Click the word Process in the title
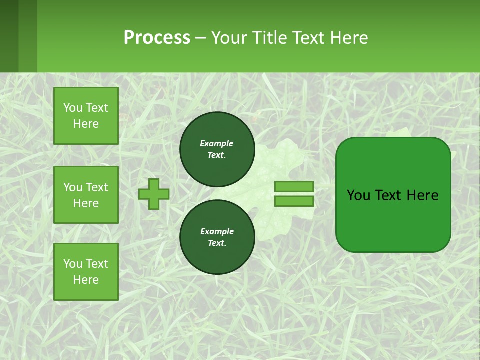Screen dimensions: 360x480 [x=157, y=38]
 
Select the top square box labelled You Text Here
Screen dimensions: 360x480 [x=86, y=116]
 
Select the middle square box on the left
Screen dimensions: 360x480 [x=86, y=195]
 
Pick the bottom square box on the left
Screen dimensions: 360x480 [x=86, y=272]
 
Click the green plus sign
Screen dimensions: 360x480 [x=154, y=194]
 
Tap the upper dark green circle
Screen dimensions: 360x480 [x=217, y=149]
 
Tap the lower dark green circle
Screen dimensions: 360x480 [x=217, y=237]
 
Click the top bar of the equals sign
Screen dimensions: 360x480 [x=294, y=186]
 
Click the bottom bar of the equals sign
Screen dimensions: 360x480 [x=294, y=201]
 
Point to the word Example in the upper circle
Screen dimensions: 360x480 [x=216, y=143]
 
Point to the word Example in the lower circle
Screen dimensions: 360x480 [x=216, y=231]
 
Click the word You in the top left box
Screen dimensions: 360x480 [x=73, y=108]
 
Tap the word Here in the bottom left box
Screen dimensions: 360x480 [x=86, y=280]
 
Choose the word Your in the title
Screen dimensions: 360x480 [x=228, y=38]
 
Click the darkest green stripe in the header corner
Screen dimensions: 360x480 [x=9, y=36]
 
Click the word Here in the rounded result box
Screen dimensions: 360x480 [x=423, y=195]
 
